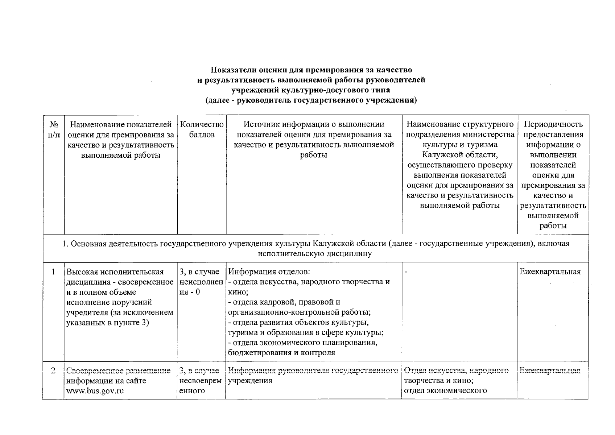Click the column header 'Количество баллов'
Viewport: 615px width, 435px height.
click(202, 130)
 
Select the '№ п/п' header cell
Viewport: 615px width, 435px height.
click(54, 130)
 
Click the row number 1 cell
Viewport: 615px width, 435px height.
click(54, 272)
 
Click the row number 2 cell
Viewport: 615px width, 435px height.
click(54, 371)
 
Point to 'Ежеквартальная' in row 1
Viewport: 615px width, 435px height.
click(550, 272)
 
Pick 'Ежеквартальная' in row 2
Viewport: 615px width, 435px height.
click(550, 371)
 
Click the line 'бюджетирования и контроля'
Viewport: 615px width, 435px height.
click(281, 353)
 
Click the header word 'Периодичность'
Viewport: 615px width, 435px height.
click(553, 125)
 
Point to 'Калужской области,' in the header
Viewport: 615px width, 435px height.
click(460, 155)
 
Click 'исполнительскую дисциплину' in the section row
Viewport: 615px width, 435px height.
click(315, 254)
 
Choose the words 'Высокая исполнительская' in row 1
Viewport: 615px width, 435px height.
click(115, 272)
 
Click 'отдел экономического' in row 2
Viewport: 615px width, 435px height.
click(445, 391)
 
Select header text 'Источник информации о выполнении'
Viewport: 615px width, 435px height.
click(314, 125)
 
